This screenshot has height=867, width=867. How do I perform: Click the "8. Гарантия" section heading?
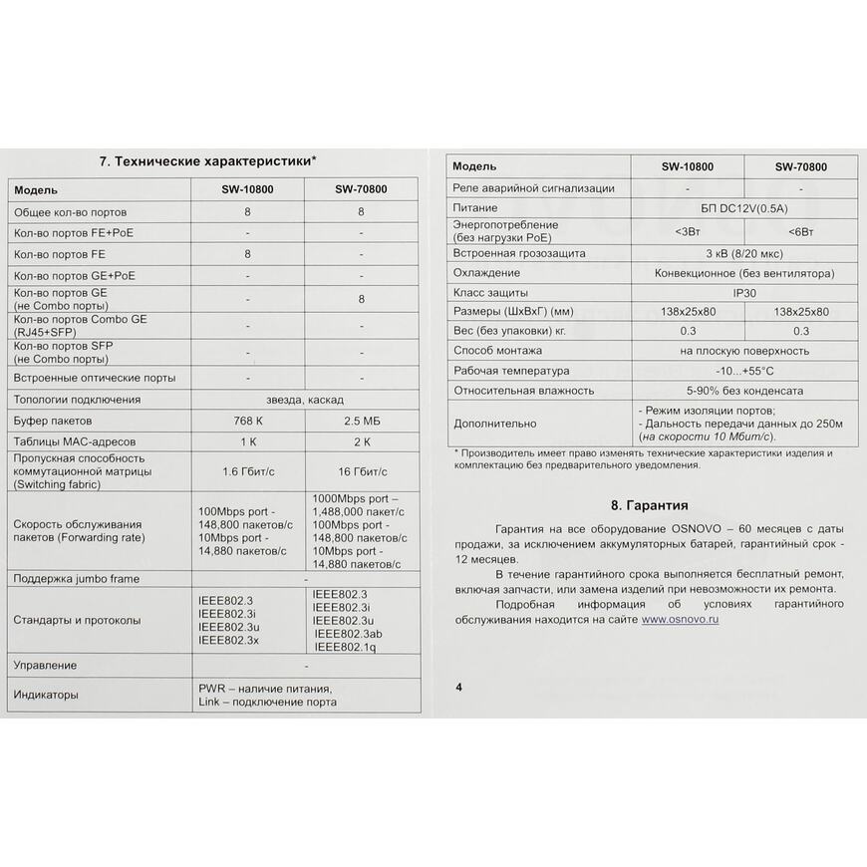648,505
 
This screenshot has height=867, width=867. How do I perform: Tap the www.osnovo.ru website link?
680,619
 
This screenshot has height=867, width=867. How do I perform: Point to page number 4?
458,687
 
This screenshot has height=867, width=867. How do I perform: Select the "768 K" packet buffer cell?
247,421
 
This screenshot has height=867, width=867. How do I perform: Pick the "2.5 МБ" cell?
361,421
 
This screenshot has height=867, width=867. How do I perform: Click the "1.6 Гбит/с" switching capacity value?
247,471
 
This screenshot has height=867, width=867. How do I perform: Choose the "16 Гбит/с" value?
361,471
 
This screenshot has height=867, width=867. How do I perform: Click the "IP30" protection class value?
743,293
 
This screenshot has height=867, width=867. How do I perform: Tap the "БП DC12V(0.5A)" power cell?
743,209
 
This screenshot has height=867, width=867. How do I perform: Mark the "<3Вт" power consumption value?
688,231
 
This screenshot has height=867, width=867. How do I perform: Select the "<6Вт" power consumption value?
800,231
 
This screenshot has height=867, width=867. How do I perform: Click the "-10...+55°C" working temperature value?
743,370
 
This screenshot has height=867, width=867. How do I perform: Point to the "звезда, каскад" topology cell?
304,400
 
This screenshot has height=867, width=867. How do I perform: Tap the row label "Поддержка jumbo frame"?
76,579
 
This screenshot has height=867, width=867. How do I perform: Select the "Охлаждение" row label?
486,273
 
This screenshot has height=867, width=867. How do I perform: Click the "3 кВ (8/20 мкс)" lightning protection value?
743,253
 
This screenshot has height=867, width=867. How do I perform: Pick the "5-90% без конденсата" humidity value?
743,391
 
